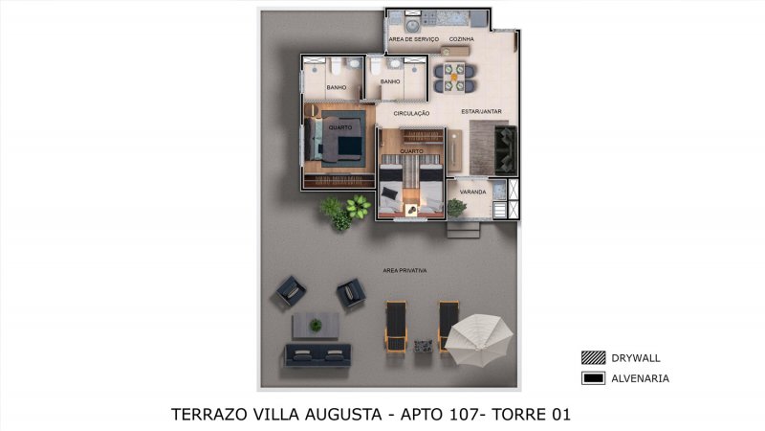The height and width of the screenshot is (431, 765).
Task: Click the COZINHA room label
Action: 461,39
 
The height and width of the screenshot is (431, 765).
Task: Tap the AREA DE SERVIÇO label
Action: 414,39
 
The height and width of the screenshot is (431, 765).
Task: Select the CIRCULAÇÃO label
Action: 411,113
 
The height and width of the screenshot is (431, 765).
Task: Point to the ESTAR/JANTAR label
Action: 481,111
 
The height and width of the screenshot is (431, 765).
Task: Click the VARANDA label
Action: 472,193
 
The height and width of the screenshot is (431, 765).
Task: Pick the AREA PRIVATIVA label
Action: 404,270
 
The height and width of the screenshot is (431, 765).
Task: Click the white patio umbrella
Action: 479,339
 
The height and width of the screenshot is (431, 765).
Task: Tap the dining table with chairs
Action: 453,78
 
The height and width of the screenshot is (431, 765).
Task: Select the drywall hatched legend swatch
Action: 593,357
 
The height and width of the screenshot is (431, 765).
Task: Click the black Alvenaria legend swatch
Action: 593,378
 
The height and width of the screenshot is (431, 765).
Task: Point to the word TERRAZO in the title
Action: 208,415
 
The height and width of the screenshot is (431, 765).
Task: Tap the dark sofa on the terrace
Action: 317,355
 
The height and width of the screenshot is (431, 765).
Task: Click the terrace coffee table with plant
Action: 316,326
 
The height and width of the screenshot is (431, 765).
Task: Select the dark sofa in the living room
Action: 506,150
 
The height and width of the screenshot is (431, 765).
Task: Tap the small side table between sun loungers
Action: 423,346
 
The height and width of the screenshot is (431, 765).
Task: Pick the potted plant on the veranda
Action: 456,208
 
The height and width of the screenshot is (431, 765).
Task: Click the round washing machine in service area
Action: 413,24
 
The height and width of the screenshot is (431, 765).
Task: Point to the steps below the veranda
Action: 463,229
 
